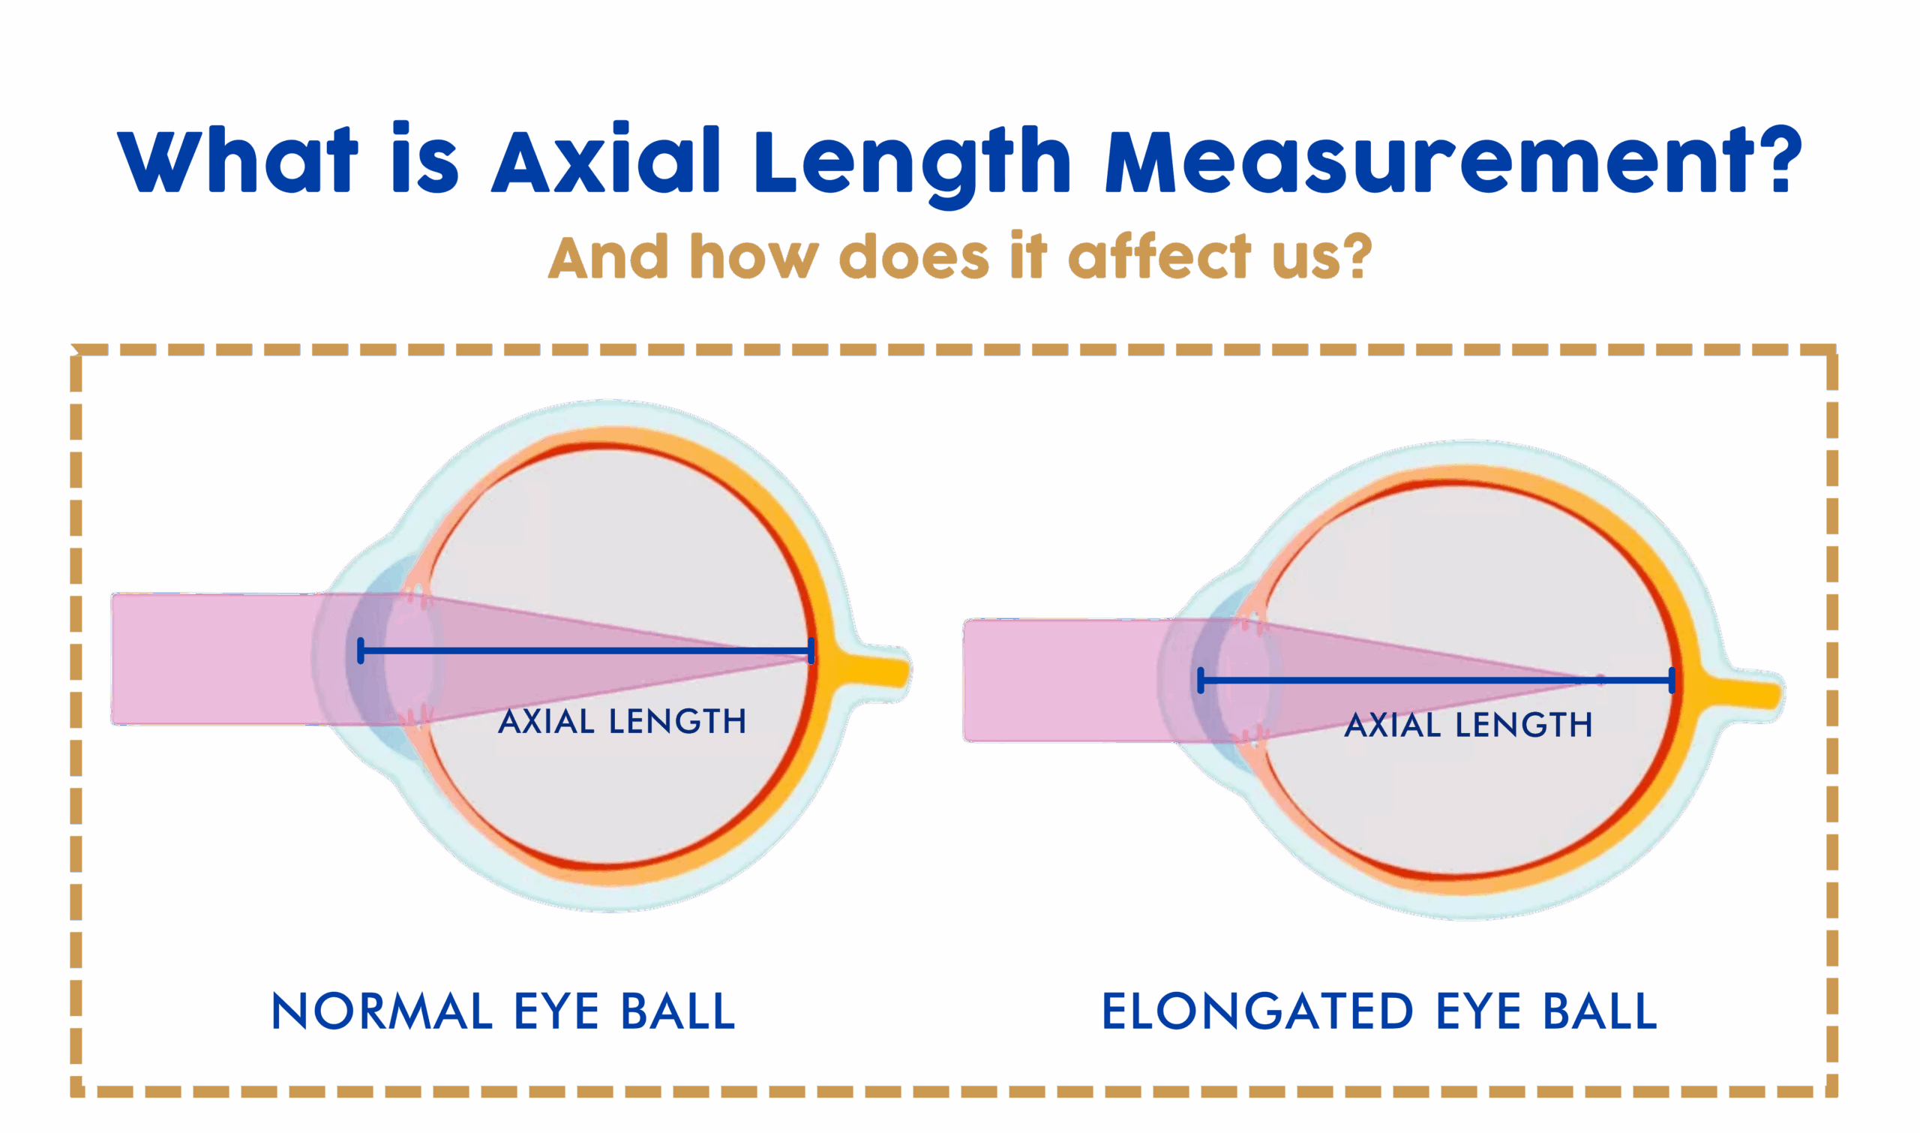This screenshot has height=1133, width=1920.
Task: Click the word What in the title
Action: pos(237,161)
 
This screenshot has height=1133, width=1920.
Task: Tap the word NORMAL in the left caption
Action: pos(382,1012)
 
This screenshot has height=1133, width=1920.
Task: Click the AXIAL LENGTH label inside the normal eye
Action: pos(622,722)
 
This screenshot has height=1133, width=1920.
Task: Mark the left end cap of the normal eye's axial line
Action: pos(360,651)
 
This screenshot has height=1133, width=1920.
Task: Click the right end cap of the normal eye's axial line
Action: pos(811,651)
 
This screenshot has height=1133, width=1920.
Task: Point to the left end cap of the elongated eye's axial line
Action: pos(1201,681)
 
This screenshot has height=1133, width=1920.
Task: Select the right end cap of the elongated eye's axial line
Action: pos(1672,681)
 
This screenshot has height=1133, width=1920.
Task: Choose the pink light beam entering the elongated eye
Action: pos(1060,681)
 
